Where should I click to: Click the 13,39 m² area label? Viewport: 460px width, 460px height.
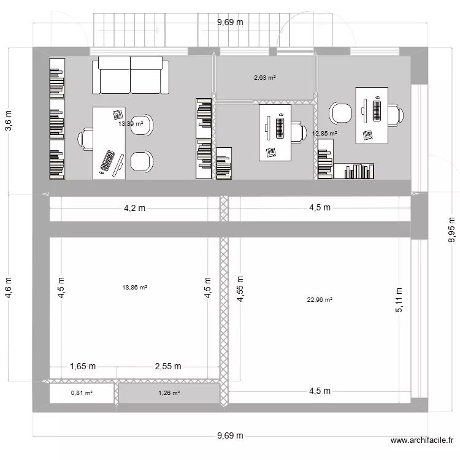(x=131, y=123)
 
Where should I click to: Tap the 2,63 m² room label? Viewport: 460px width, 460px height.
(x=264, y=78)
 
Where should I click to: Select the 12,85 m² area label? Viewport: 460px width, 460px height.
(x=324, y=133)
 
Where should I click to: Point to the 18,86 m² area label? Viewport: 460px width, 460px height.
(x=134, y=286)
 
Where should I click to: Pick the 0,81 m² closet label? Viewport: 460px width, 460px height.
(x=81, y=393)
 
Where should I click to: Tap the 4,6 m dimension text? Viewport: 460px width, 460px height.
(x=9, y=287)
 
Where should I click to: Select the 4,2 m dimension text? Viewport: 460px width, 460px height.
(x=134, y=208)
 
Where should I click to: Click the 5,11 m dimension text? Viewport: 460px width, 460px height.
(x=399, y=301)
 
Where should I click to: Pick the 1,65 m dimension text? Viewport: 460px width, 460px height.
(x=83, y=367)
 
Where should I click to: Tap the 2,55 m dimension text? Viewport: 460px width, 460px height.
(x=168, y=367)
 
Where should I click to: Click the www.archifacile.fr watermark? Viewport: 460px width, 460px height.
(x=423, y=440)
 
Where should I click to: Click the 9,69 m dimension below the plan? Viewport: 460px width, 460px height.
(x=230, y=436)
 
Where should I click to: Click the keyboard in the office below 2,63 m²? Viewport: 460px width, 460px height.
(x=280, y=128)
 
